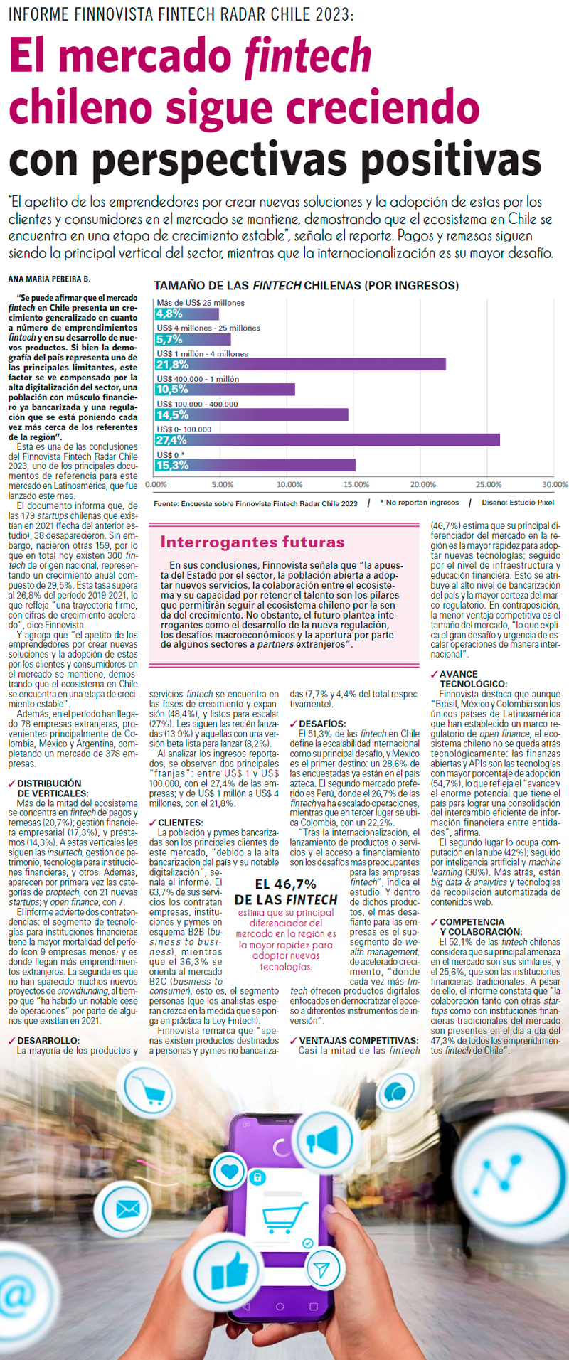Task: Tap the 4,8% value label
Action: (x=169, y=314)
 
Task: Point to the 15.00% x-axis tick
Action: (x=356, y=485)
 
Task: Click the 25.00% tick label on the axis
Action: (x=489, y=485)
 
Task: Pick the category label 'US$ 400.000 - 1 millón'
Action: (x=198, y=379)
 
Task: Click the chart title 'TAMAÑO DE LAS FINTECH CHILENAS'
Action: (x=306, y=285)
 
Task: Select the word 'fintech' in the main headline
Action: (x=307, y=57)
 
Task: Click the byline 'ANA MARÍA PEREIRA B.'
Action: (x=49, y=279)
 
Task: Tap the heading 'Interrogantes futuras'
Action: (x=252, y=542)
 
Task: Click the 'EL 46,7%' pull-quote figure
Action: (x=286, y=884)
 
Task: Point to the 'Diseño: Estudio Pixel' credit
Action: (x=518, y=503)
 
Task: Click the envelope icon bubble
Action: (x=128, y=1209)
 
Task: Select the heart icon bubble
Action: (x=229, y=1171)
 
